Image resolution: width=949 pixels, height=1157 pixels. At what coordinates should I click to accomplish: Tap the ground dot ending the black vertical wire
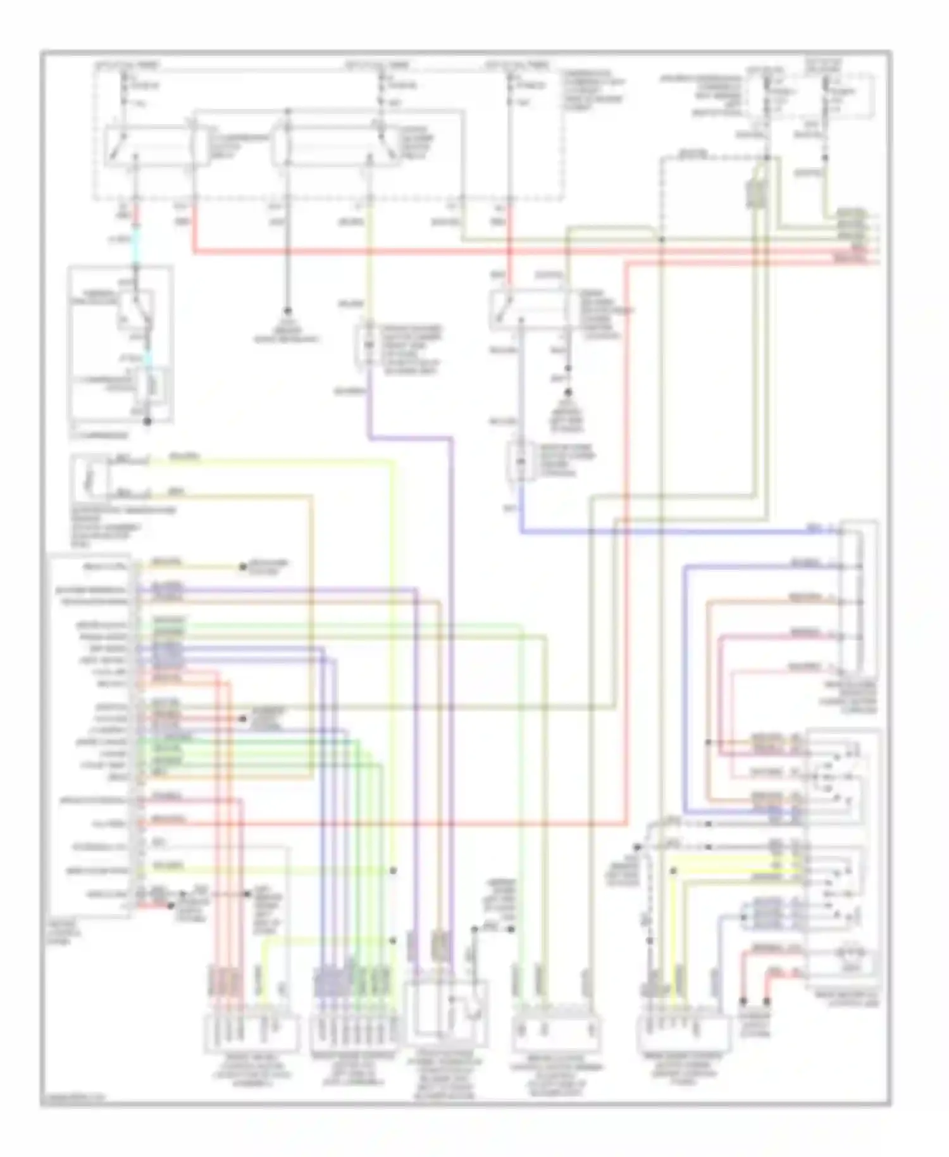pyautogui.click(x=287, y=311)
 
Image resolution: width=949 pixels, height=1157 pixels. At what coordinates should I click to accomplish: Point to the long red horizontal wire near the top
pyautogui.click(x=506, y=252)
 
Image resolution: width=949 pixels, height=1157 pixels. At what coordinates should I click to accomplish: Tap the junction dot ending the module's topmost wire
pyautogui.click(x=243, y=567)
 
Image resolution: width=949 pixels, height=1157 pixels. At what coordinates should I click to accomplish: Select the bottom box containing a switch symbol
pyautogui.click(x=448, y=1013)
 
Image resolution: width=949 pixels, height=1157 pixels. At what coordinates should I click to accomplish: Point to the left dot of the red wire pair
pyautogui.click(x=744, y=1002)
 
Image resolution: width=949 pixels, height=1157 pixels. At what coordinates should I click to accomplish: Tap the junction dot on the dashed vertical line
pyautogui.click(x=661, y=239)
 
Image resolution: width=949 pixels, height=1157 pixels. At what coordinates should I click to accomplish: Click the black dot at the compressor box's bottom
pyautogui.click(x=147, y=421)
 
